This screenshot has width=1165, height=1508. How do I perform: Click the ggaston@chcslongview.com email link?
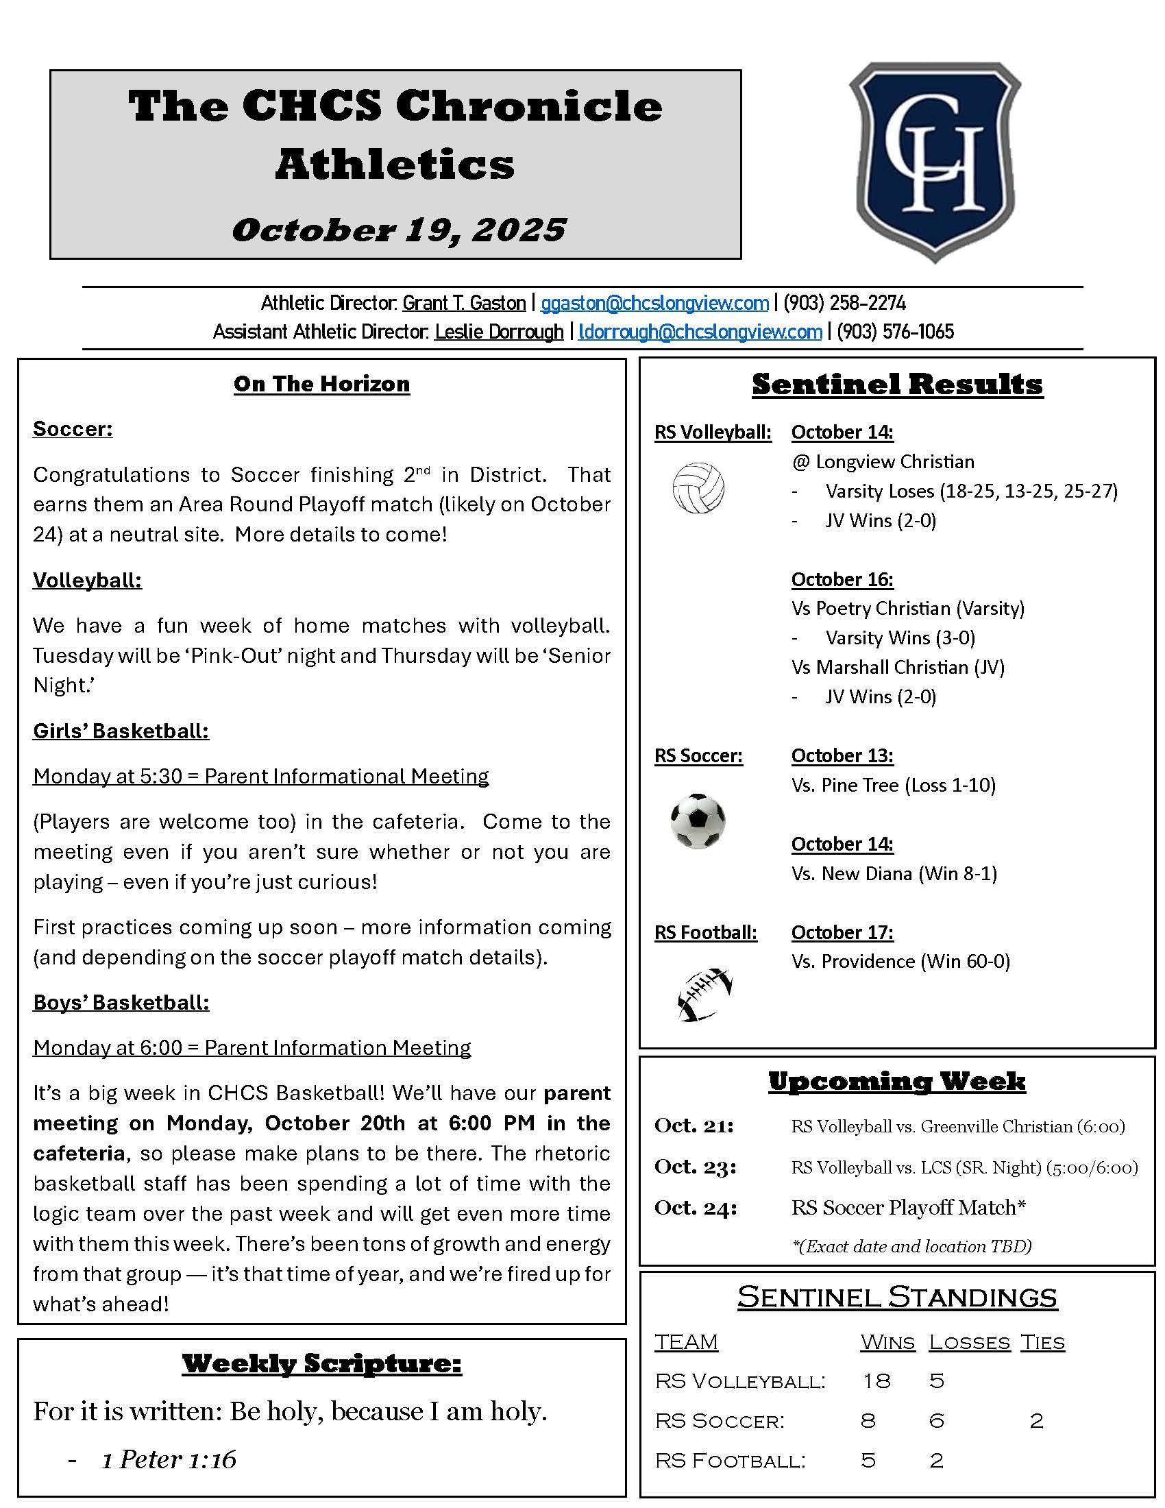(x=654, y=303)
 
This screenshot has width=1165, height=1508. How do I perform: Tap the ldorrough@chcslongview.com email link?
(x=700, y=332)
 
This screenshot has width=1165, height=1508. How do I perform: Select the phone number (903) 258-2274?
(x=844, y=303)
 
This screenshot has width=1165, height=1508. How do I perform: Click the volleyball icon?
(x=698, y=488)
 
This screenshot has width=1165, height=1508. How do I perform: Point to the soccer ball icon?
(x=698, y=821)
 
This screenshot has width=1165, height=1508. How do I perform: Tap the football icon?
(x=703, y=995)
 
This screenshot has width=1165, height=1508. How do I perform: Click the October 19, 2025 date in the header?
(x=399, y=230)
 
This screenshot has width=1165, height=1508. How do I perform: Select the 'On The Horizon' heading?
(x=321, y=384)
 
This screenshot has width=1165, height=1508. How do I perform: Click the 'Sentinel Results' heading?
(x=897, y=385)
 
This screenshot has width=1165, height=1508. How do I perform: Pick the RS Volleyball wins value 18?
(x=876, y=1381)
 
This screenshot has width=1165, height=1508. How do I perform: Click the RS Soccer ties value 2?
(x=1036, y=1421)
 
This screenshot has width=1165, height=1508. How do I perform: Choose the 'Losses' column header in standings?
(x=969, y=1342)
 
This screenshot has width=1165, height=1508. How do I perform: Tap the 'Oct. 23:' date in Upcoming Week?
(x=696, y=1166)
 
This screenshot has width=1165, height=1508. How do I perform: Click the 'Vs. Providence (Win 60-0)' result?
(x=900, y=961)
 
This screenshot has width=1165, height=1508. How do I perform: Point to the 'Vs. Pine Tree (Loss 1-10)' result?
(x=894, y=785)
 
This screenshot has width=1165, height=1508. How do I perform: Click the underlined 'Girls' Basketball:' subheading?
(x=121, y=731)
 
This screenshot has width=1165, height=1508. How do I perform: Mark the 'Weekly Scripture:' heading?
(x=321, y=1363)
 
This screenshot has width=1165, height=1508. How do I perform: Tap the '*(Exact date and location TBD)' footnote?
(x=911, y=1246)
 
